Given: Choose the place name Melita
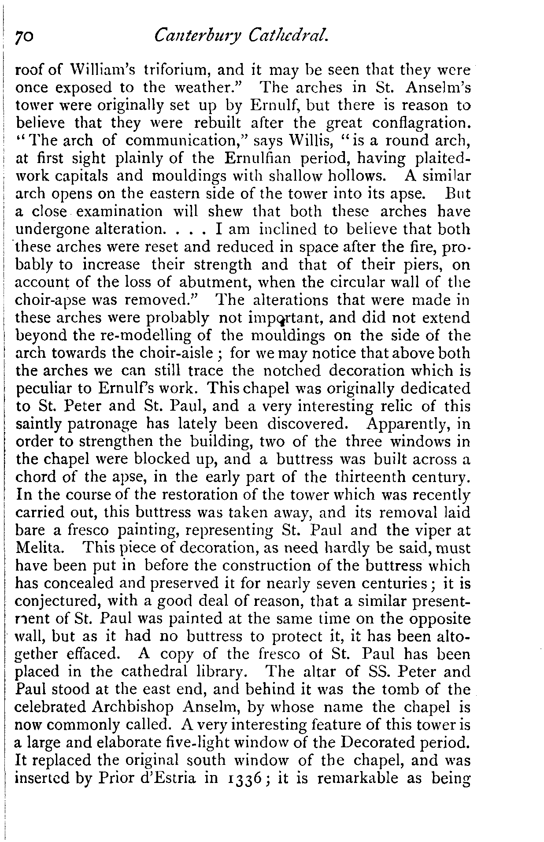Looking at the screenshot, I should click(x=41, y=549).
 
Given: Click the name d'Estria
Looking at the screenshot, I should click(x=166, y=778).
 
